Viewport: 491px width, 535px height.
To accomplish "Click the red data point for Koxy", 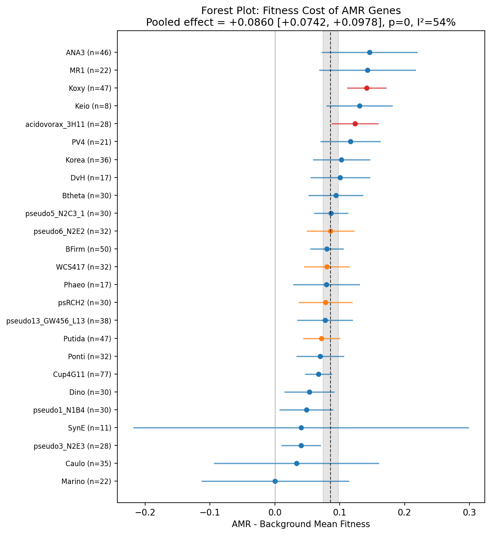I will [x=367, y=88].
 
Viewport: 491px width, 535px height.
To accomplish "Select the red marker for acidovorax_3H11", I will [x=355, y=124].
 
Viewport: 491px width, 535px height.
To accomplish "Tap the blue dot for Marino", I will [x=275, y=481].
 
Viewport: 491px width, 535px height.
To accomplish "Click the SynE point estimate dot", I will [x=301, y=428].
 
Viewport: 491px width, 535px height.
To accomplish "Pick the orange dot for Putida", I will [x=321, y=338].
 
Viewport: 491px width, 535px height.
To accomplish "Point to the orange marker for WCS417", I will [x=327, y=267].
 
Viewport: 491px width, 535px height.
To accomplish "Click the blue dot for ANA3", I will [x=369, y=52].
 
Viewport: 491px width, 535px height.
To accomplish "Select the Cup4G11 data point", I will [x=318, y=374].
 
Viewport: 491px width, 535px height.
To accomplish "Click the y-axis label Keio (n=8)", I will [x=93, y=106].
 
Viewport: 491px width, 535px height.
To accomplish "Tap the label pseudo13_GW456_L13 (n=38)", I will [x=59, y=321].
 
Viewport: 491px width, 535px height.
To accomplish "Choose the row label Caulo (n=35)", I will [x=88, y=464].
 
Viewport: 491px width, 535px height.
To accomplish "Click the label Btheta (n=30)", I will [x=87, y=196].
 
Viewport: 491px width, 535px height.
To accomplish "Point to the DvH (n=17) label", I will [x=91, y=178].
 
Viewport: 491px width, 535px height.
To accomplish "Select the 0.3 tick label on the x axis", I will [x=469, y=512].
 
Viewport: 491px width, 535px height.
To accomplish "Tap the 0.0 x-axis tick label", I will [x=275, y=512].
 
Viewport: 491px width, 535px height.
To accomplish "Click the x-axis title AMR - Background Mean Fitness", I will [x=301, y=525].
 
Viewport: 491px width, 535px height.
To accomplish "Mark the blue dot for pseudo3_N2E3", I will [x=301, y=445].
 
